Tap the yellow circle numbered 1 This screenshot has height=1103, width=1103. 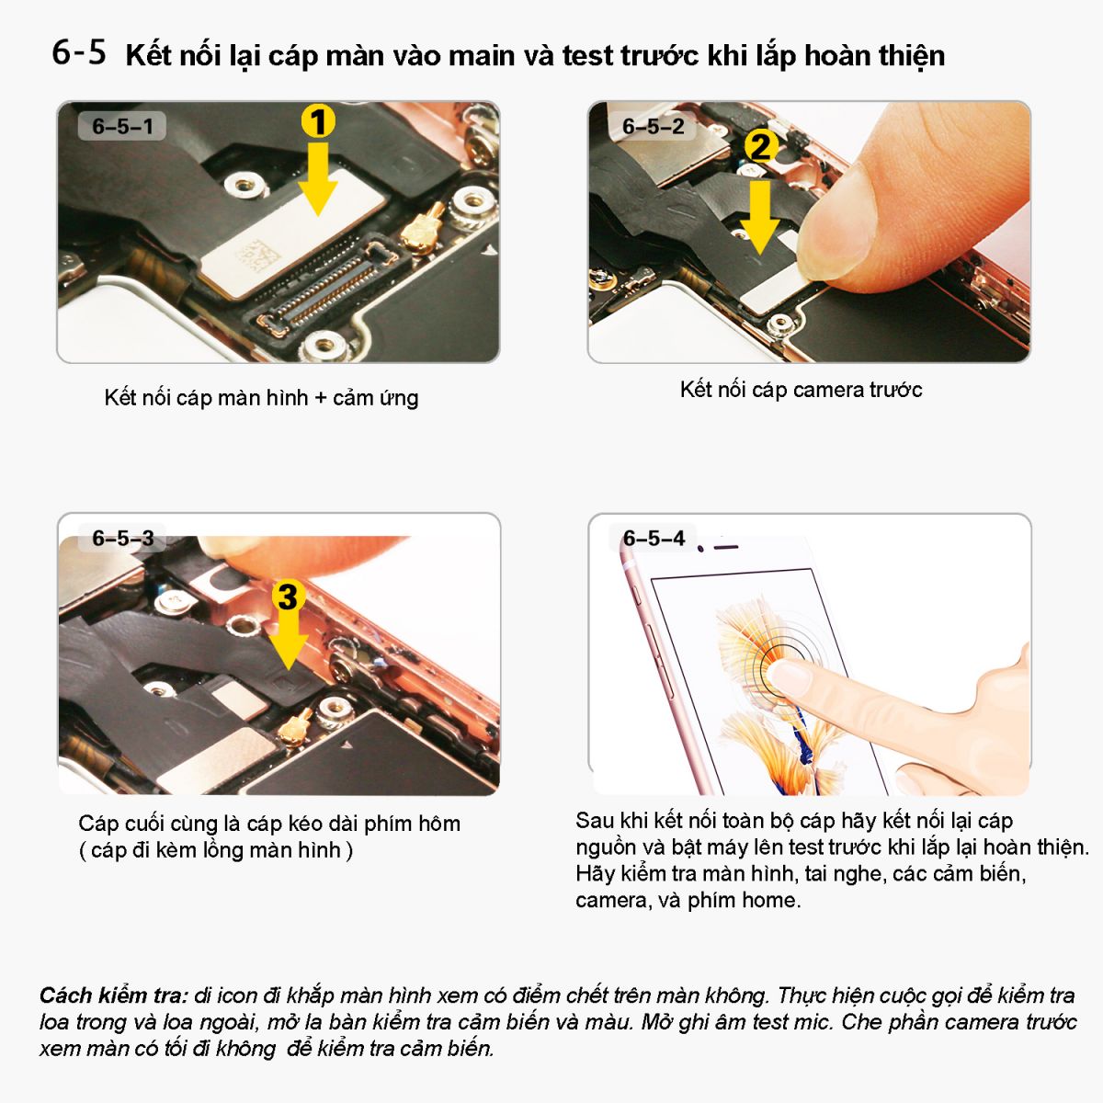[318, 120]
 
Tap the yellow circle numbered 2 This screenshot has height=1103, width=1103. [761, 147]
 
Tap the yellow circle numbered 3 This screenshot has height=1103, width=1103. [288, 597]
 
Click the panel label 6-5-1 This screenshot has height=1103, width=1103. [122, 127]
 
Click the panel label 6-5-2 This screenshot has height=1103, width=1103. [654, 127]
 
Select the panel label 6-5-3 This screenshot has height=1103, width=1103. [123, 538]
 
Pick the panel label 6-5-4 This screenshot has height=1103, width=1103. [654, 538]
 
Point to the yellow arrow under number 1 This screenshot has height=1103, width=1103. [318, 179]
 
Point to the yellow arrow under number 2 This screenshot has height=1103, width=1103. [759, 218]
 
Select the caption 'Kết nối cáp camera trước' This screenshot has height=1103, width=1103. [801, 390]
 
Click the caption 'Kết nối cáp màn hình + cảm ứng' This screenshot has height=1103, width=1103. [261, 398]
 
